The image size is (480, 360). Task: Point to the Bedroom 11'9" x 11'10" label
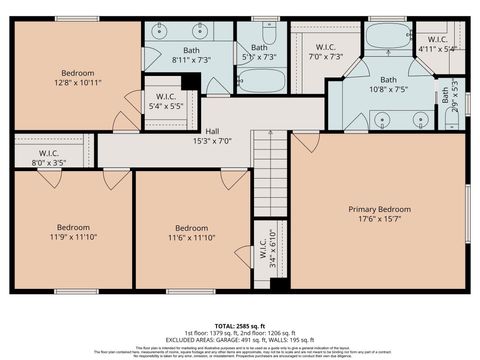(x=73, y=232)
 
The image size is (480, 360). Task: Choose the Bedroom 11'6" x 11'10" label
(x=191, y=232)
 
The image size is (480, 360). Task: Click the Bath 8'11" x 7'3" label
(x=190, y=55)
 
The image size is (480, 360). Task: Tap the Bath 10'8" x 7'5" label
(x=387, y=84)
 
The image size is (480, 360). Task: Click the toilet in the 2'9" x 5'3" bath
(x=453, y=119)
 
